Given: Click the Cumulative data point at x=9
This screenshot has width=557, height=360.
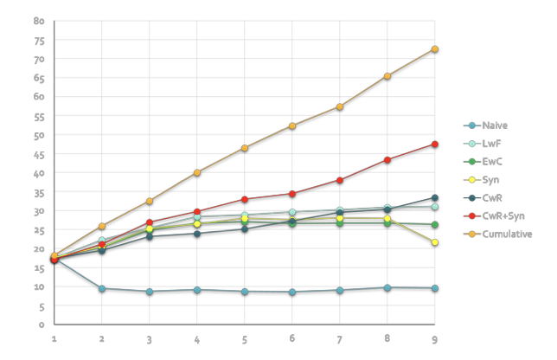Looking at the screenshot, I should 434,48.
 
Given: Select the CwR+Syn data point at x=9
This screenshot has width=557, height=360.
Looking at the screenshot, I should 434,144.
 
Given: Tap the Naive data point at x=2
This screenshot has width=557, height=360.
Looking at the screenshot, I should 102,288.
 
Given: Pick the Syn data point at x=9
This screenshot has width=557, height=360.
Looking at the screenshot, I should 434,242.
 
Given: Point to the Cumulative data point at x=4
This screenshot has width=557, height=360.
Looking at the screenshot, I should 197,172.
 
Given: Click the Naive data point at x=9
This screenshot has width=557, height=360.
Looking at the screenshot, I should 434,288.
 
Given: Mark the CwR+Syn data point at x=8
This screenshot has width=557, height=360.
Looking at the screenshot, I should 387,159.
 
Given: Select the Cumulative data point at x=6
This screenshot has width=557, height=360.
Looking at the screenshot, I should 292,125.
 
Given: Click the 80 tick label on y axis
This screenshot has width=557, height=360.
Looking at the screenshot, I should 39,21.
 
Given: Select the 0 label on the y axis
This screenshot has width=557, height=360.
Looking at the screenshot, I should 42,325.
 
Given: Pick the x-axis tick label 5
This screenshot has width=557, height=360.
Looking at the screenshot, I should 245,339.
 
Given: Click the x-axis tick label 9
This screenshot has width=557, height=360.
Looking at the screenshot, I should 434,339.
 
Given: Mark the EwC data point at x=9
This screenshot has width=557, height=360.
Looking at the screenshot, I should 434,225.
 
